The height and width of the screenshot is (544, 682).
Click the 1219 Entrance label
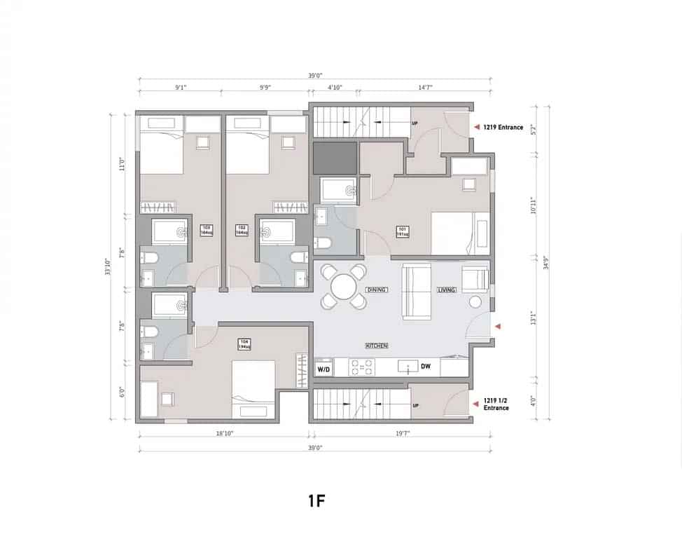tap(503, 128)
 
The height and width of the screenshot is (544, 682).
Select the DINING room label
tap(377, 290)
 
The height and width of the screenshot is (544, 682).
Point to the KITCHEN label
tap(377, 346)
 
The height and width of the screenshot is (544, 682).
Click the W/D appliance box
tap(323, 368)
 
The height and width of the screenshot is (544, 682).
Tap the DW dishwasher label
tap(425, 366)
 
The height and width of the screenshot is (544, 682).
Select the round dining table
tap(344, 287)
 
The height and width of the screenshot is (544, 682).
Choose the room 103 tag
tap(207, 230)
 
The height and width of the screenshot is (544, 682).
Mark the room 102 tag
tap(243, 230)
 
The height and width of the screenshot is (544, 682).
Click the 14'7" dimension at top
tap(425, 88)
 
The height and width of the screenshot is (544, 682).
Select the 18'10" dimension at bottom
tap(223, 434)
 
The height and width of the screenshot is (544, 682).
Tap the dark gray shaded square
tap(333, 158)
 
